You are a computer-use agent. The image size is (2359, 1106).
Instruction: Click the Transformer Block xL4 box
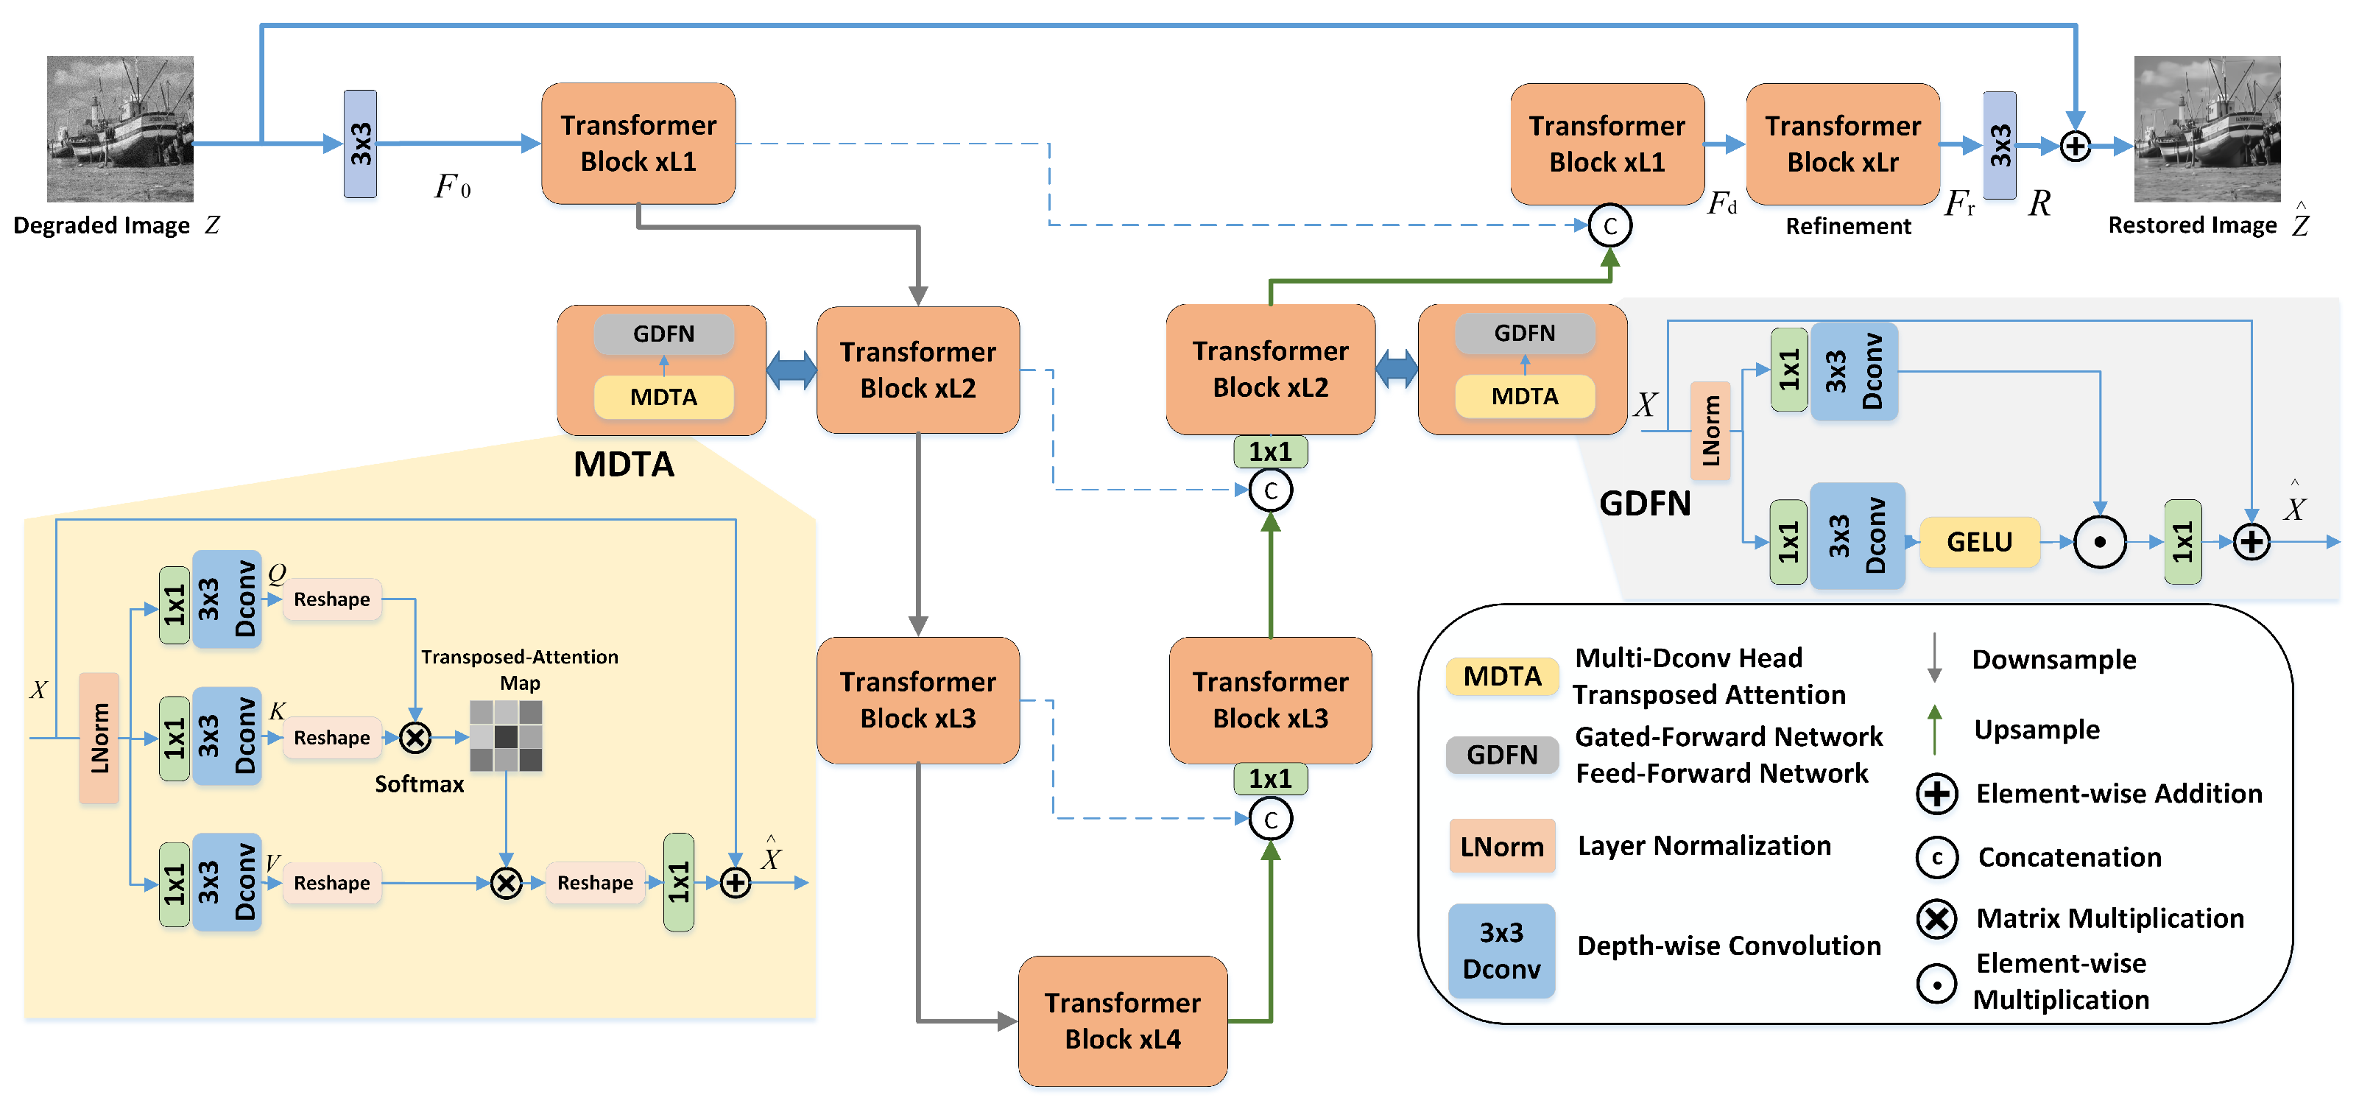[x=1122, y=1020]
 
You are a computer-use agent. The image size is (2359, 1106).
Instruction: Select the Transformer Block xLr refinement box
[x=1843, y=144]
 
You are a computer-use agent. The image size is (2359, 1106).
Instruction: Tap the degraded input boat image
[x=120, y=128]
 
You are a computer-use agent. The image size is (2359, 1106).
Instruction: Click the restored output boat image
[x=2207, y=128]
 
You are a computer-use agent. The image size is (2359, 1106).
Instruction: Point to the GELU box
[x=1979, y=542]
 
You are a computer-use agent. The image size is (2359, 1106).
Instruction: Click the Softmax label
[x=420, y=785]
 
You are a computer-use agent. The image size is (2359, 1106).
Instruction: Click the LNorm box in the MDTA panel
[x=99, y=738]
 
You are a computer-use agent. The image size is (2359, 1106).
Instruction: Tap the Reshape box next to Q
[x=331, y=599]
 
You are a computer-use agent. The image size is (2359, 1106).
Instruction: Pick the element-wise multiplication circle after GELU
[x=2100, y=542]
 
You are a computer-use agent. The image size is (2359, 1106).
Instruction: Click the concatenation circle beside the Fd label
[x=1610, y=225]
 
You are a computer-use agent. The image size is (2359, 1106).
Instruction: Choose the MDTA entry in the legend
[x=1502, y=677]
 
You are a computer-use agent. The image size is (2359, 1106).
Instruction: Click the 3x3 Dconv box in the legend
[x=1502, y=951]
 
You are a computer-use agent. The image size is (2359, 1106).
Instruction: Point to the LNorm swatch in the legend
[x=1502, y=846]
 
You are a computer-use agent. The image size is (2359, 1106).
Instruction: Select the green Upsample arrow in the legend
[x=1934, y=729]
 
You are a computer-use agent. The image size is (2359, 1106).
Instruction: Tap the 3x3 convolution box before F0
[x=360, y=144]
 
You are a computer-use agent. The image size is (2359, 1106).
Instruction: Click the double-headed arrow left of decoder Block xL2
[x=1397, y=370]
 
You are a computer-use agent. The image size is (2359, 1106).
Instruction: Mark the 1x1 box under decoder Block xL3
[x=1270, y=779]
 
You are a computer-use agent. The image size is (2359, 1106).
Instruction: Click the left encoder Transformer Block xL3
[x=917, y=700]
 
